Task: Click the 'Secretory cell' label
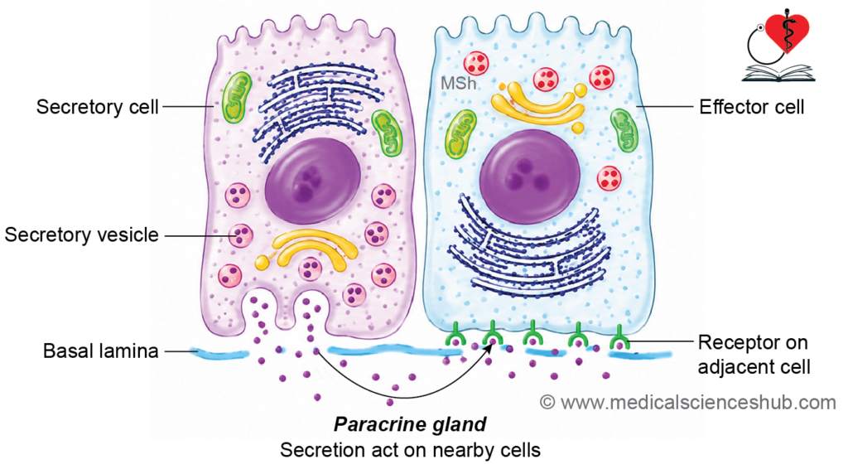(x=98, y=107)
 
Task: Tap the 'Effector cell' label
(x=752, y=107)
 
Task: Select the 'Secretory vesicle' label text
(x=82, y=235)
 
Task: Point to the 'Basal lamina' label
(x=100, y=351)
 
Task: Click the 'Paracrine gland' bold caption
(x=410, y=424)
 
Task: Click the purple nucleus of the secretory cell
(x=312, y=180)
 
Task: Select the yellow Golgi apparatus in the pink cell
(x=311, y=250)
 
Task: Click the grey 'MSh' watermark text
(x=458, y=84)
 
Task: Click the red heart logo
(x=788, y=31)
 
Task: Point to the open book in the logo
(x=778, y=73)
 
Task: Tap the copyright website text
(x=688, y=403)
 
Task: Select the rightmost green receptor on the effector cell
(x=619, y=337)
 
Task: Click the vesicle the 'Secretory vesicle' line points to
(x=240, y=235)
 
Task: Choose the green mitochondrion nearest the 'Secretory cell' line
(x=236, y=97)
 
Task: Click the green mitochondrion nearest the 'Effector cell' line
(x=624, y=130)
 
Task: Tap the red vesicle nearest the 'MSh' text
(x=476, y=63)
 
